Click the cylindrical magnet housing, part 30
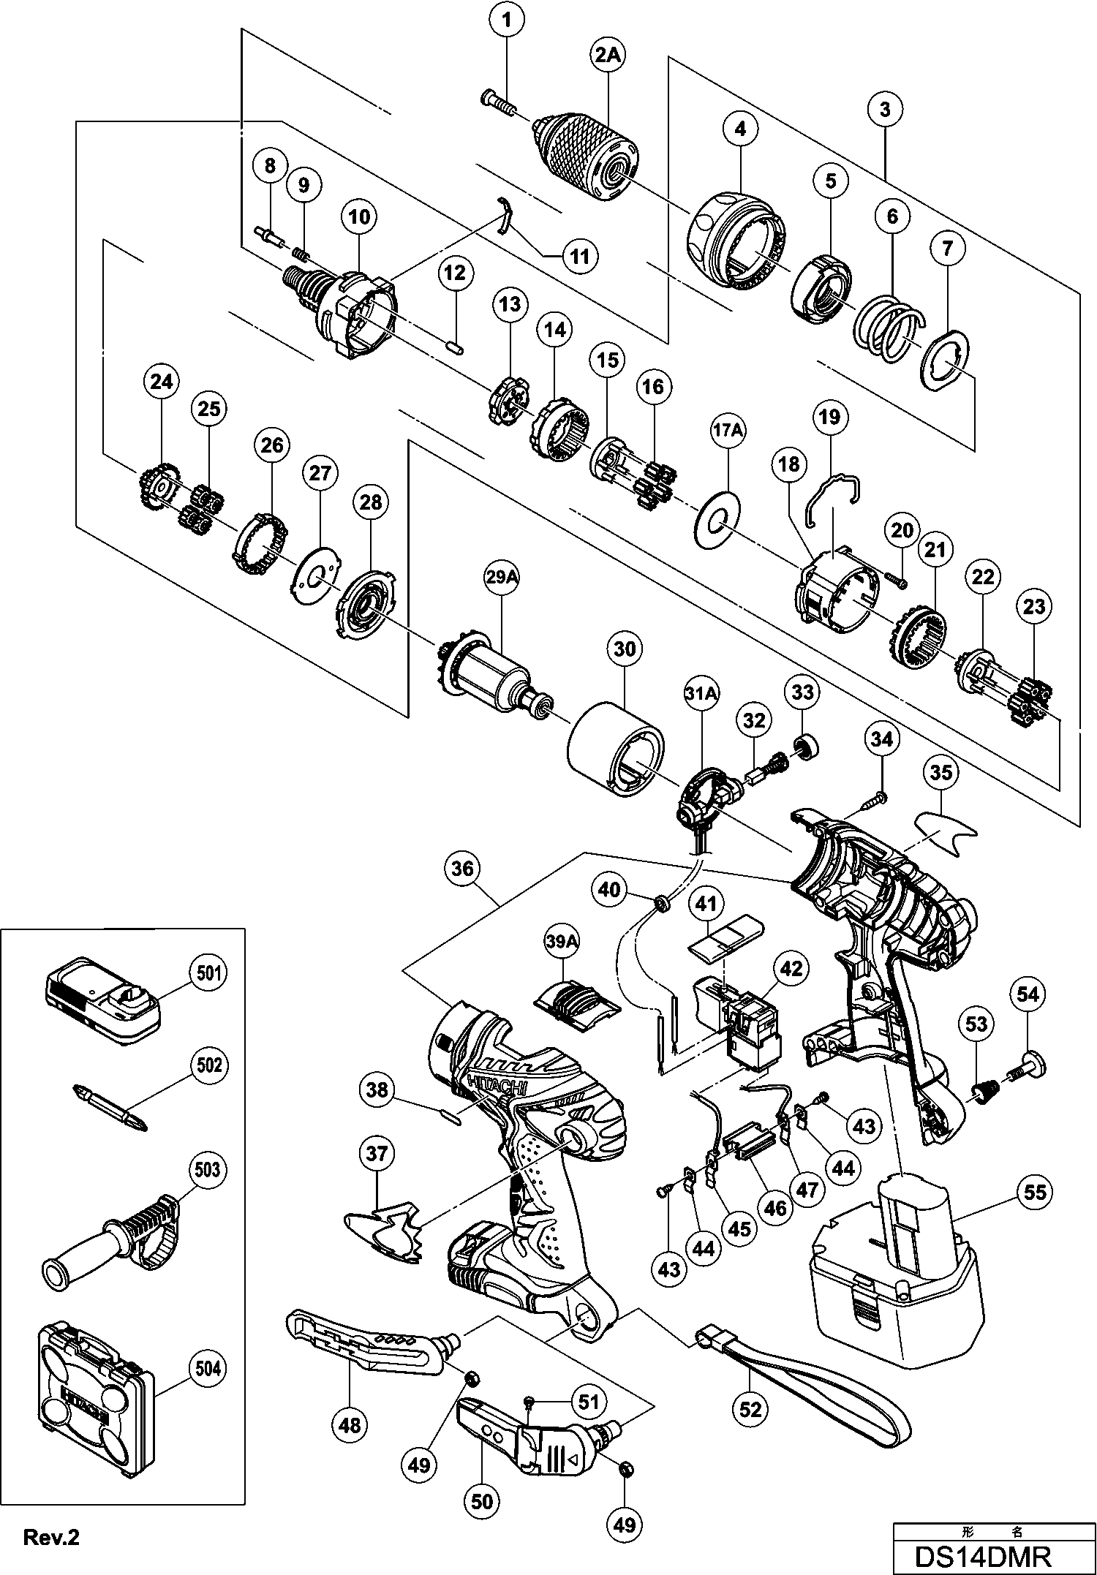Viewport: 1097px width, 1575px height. [x=616, y=751]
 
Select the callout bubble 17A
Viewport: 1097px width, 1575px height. [x=726, y=432]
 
